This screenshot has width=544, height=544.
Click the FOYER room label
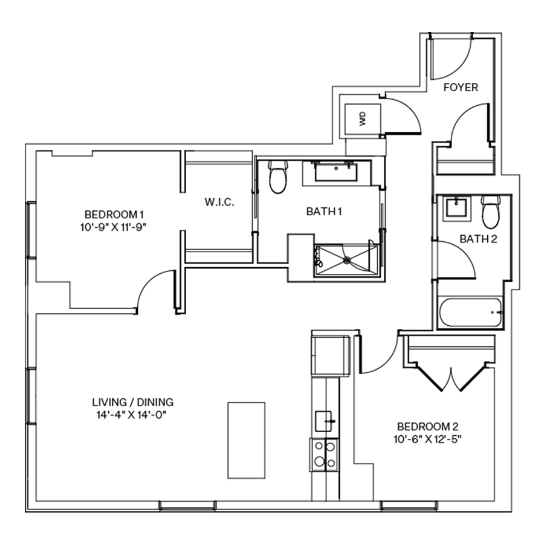[x=461, y=88]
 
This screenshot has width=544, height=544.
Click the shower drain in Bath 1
[x=347, y=261]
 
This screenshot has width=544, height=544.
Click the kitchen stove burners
[x=324, y=455]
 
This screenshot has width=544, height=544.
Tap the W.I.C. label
[x=219, y=202]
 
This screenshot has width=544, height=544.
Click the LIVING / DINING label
[x=133, y=401]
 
